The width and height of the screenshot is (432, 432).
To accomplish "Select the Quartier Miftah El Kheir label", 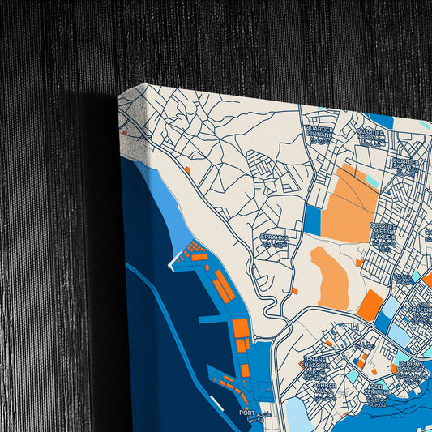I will click(x=383, y=231).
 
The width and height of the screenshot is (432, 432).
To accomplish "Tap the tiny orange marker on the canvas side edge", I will click(x=124, y=130).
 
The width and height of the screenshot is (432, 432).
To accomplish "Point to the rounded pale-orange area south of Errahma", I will click(x=330, y=278).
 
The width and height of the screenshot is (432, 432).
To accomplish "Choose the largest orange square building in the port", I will click(x=241, y=328).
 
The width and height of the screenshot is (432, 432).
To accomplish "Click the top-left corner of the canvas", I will click(x=119, y=95).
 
